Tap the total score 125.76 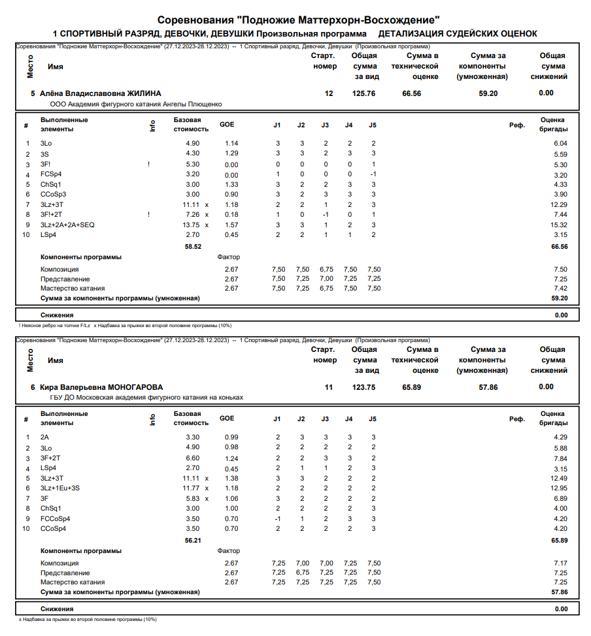[x=363, y=93]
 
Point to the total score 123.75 [x=363, y=387]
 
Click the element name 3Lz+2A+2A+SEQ [x=67, y=225]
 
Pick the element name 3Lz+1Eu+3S [x=60, y=488]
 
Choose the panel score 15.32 [x=559, y=225]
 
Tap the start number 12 [x=329, y=93]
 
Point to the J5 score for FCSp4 [x=373, y=174]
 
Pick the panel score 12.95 [x=559, y=488]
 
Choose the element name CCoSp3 [x=53, y=194]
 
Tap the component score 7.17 [x=560, y=563]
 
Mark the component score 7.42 [x=560, y=288]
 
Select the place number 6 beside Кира [x=33, y=387]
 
